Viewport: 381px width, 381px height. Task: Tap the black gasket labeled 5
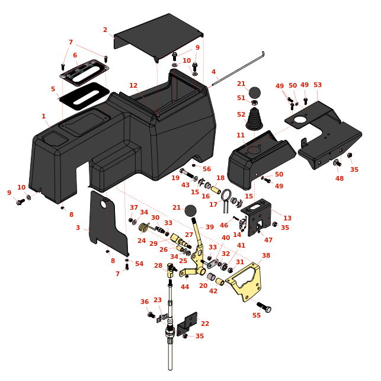coord(85,96)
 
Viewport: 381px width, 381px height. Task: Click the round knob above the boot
coord(254,92)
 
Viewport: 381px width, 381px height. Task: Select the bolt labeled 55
coord(263,307)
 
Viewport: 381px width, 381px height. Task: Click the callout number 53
coord(318,85)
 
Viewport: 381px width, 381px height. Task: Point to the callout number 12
coord(133,85)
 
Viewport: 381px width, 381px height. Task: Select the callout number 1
coord(43,116)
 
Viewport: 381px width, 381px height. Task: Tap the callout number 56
coord(207,169)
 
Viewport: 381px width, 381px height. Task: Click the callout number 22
coord(205,324)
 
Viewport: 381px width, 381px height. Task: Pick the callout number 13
coord(287,218)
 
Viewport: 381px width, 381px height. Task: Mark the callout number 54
coord(139,264)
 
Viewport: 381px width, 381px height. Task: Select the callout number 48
coord(340,178)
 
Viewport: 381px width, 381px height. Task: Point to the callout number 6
coord(75,55)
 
